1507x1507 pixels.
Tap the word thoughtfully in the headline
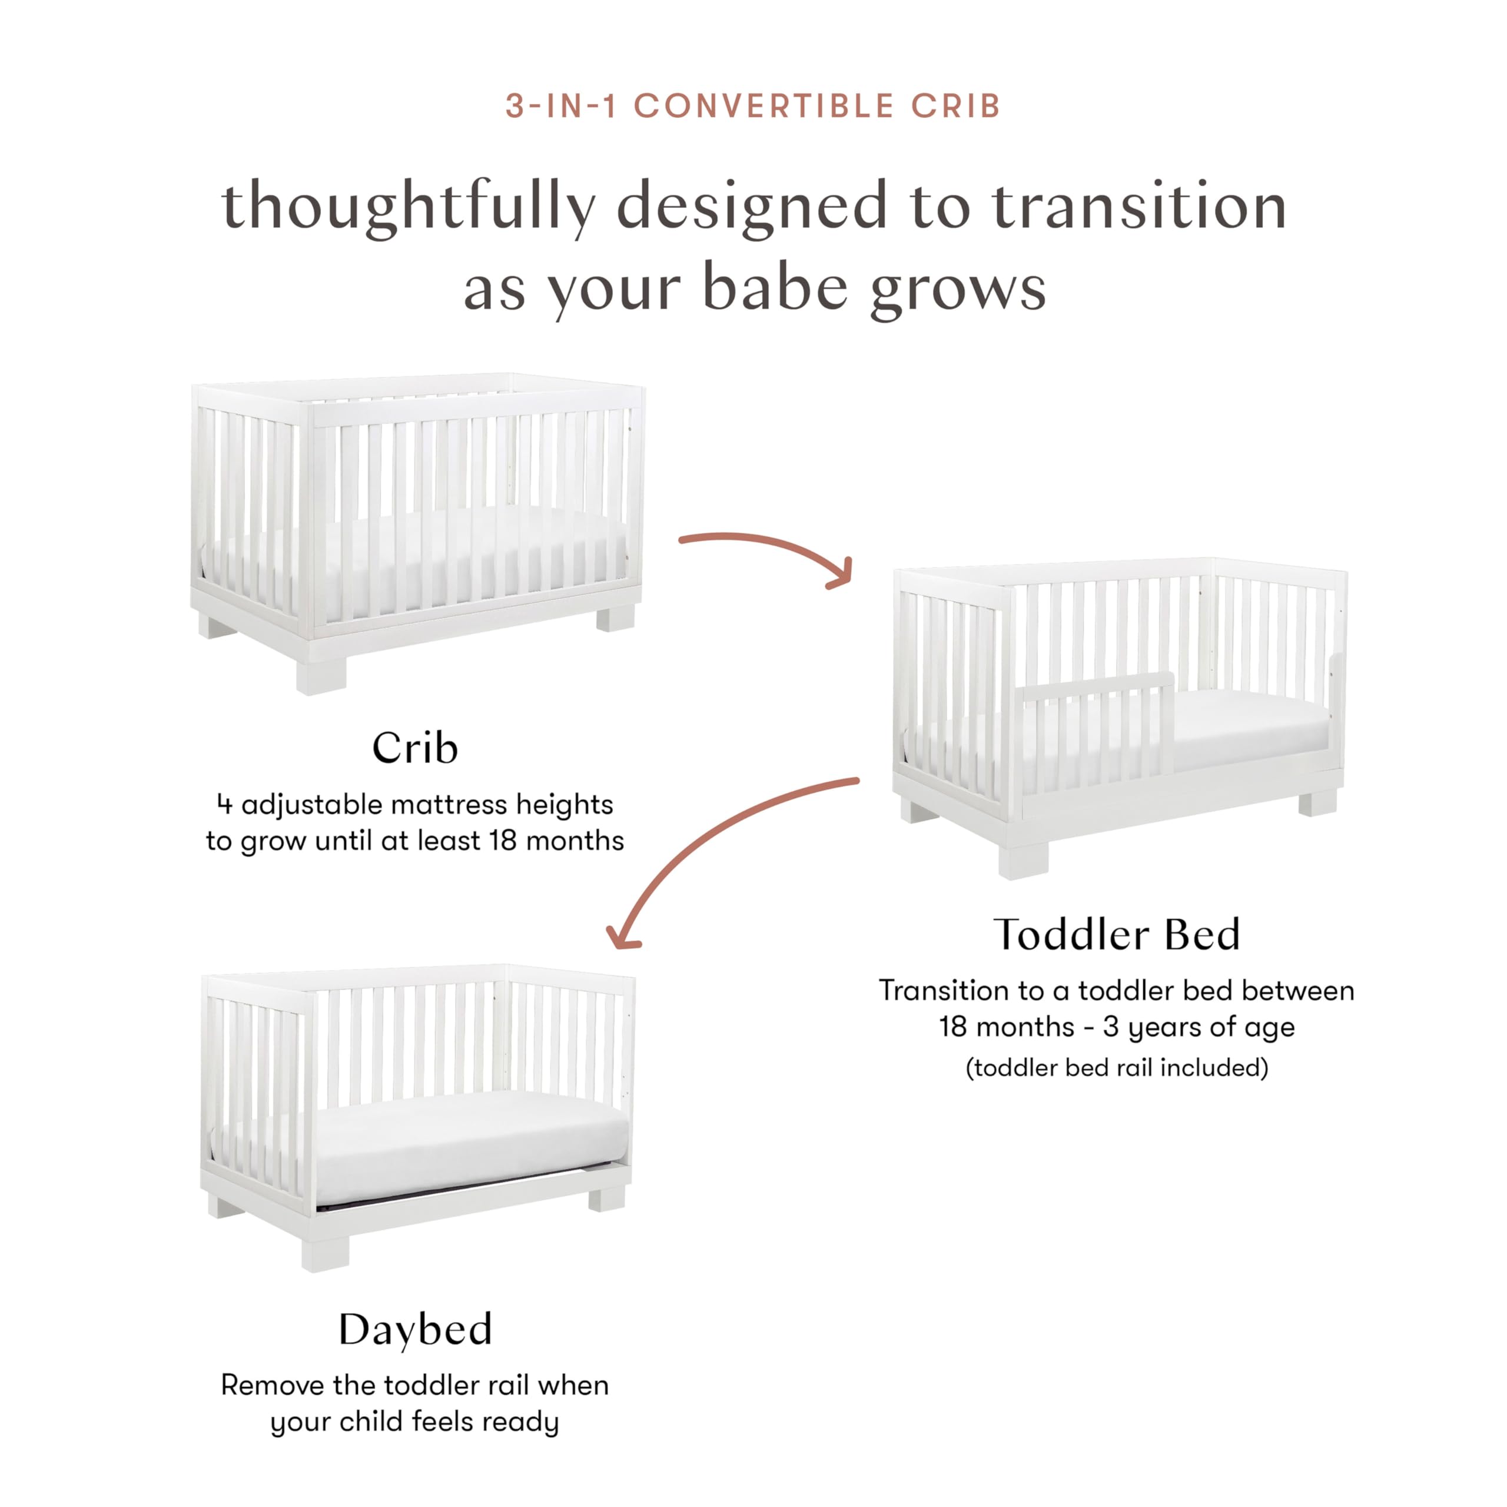pyautogui.click(x=408, y=206)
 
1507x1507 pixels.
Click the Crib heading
pyautogui.click(x=414, y=748)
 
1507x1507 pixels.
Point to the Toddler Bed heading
pyautogui.click(x=1116, y=934)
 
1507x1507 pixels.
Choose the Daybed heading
pyautogui.click(x=415, y=1330)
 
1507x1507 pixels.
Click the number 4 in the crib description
pyautogui.click(x=225, y=804)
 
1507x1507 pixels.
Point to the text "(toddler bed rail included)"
pyautogui.click(x=1116, y=1067)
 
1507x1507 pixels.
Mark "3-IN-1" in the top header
pyautogui.click(x=561, y=106)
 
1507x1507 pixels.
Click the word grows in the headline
pyautogui.click(x=958, y=288)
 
